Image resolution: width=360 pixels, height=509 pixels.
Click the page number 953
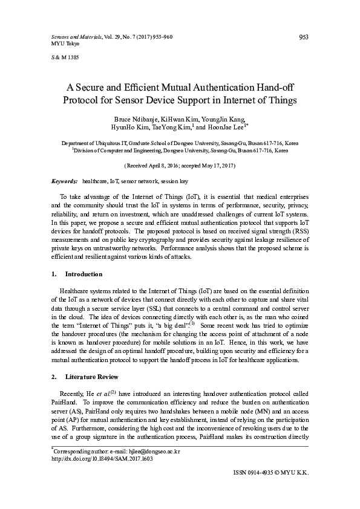(304, 37)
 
